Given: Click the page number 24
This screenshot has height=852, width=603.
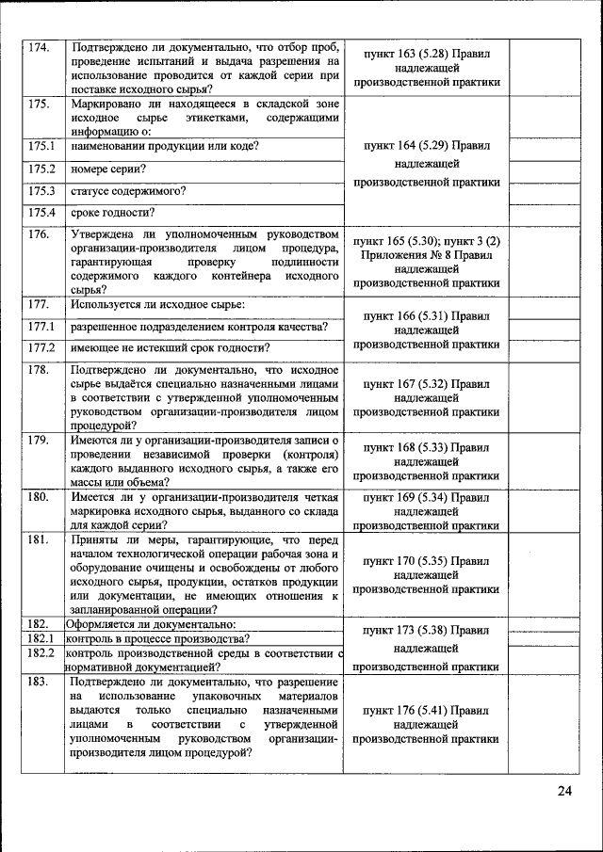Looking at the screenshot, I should click(563, 790).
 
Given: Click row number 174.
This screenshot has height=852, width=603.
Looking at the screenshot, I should click(38, 47).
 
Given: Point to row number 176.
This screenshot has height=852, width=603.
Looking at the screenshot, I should click(38, 233).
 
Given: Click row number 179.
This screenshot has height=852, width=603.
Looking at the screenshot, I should click(38, 441).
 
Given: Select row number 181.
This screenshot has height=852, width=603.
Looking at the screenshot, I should click(38, 539).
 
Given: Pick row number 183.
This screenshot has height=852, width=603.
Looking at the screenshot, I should click(38, 681).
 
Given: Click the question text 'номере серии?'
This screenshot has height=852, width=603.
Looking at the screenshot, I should click(108, 169).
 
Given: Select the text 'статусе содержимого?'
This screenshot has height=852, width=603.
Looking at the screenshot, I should click(128, 190).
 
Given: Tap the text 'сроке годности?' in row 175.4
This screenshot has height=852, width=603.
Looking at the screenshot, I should click(113, 212).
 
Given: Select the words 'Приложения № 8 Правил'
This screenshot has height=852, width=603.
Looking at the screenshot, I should click(426, 254).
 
